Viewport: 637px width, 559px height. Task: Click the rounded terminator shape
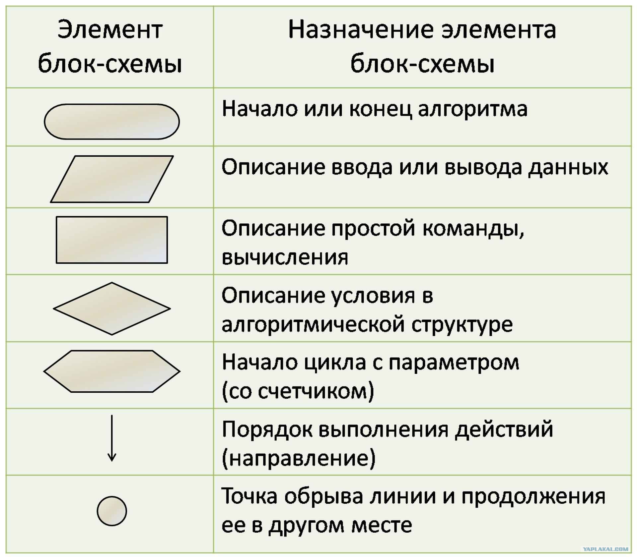coord(112,122)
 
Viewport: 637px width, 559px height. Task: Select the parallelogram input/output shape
coord(112,179)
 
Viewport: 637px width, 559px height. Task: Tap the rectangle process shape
coord(112,240)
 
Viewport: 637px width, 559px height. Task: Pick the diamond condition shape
coord(112,308)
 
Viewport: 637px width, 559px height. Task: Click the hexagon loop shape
coord(112,371)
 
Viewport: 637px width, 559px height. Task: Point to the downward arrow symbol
coord(112,438)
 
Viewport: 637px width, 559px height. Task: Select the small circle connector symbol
coord(112,511)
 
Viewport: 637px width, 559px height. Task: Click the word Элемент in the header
coord(110,30)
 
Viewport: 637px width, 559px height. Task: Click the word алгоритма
coord(472,109)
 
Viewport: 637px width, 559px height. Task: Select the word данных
coord(568,167)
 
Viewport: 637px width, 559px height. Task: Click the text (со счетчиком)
coord(298,391)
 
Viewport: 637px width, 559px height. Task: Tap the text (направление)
coord(299,458)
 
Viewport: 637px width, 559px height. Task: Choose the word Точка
coord(249,496)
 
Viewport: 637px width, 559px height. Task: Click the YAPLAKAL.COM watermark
coord(605,549)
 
